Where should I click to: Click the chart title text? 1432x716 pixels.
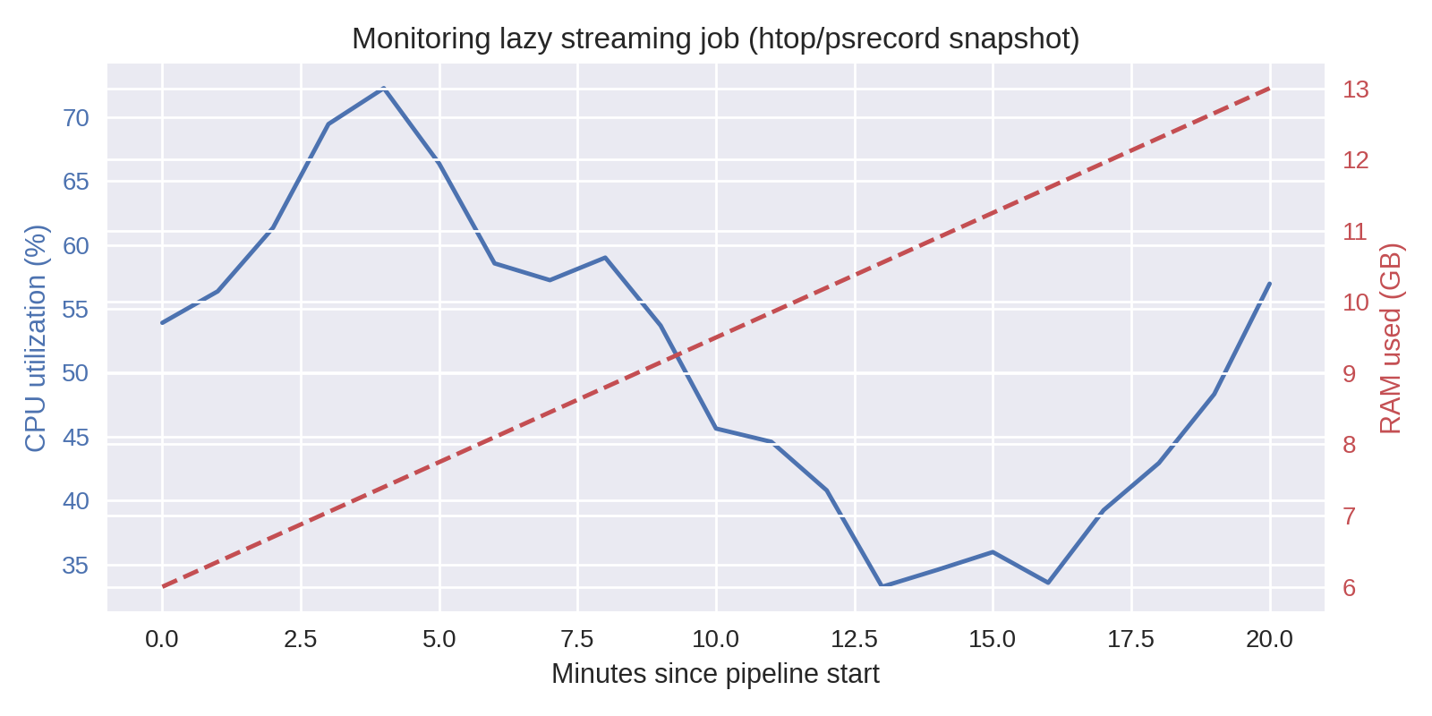(x=715, y=39)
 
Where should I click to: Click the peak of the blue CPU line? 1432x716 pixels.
(x=383, y=88)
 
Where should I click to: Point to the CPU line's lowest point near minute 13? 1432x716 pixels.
(x=882, y=585)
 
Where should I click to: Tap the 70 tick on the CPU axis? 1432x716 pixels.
(x=76, y=117)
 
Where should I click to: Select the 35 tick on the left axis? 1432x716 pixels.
(x=76, y=566)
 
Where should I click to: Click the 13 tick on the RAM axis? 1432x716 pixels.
(x=1355, y=89)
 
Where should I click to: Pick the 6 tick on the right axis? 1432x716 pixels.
(x=1349, y=588)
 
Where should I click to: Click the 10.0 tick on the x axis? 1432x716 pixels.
(x=715, y=639)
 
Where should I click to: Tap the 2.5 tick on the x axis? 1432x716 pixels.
(x=300, y=639)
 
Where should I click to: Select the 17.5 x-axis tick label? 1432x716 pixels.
(x=1130, y=639)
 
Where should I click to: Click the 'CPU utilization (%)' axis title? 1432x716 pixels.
(x=35, y=338)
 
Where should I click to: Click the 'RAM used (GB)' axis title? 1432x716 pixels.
(x=1390, y=338)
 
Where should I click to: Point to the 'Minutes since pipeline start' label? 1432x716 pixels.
(x=715, y=674)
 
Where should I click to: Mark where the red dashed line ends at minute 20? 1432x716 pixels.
(x=1270, y=89)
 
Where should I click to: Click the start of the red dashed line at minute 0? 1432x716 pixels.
(x=162, y=587)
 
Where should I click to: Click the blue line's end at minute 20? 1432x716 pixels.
(x=1270, y=283)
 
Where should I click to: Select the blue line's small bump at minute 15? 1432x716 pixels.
(x=993, y=551)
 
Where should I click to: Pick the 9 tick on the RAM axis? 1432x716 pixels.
(x=1349, y=374)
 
